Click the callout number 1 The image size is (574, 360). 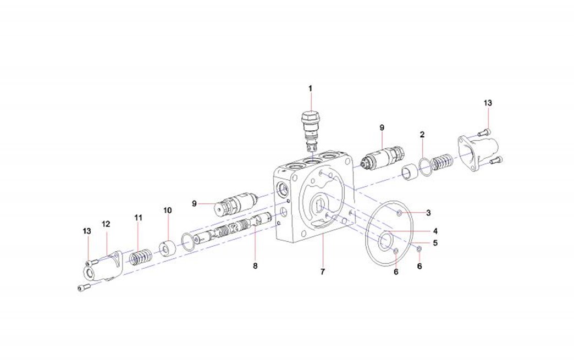[311, 88]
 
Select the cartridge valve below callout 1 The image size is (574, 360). [311, 131]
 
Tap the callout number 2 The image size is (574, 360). [422, 135]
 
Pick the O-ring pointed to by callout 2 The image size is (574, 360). [424, 167]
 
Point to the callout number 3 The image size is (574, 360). [428, 213]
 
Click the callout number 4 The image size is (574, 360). [435, 231]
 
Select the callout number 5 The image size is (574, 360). [435, 243]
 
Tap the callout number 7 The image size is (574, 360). [323, 272]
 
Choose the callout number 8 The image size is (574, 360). [255, 266]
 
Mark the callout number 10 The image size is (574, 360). [168, 211]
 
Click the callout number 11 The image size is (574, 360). [138, 218]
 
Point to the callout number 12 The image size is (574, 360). [106, 224]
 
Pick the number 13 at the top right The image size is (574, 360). [488, 103]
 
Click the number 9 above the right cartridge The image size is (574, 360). [382, 128]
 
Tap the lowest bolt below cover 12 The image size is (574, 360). [84, 288]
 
